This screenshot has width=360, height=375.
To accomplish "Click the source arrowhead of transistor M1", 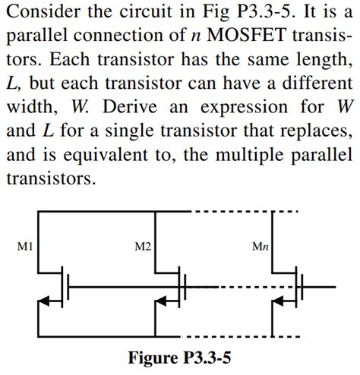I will [45, 302].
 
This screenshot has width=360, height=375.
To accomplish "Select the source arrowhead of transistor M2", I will [162, 302].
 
